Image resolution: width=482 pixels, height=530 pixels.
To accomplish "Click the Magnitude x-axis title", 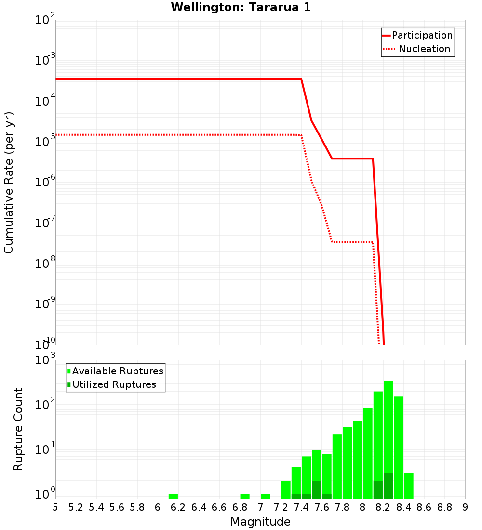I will (x=260, y=522).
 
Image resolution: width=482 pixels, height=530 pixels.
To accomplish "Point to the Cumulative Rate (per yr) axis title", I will (x=9, y=183).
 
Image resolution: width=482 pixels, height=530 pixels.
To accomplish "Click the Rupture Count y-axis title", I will (x=18, y=429).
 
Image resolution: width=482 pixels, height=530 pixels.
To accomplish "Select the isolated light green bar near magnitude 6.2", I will (x=173, y=496).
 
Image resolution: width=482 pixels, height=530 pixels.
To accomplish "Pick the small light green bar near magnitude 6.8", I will (x=245, y=496).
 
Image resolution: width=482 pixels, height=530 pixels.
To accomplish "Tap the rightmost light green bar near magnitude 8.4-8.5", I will (x=409, y=486).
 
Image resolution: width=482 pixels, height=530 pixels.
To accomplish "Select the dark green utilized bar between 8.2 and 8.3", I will (x=388, y=486).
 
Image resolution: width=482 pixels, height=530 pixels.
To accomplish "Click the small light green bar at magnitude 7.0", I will (x=265, y=496).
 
